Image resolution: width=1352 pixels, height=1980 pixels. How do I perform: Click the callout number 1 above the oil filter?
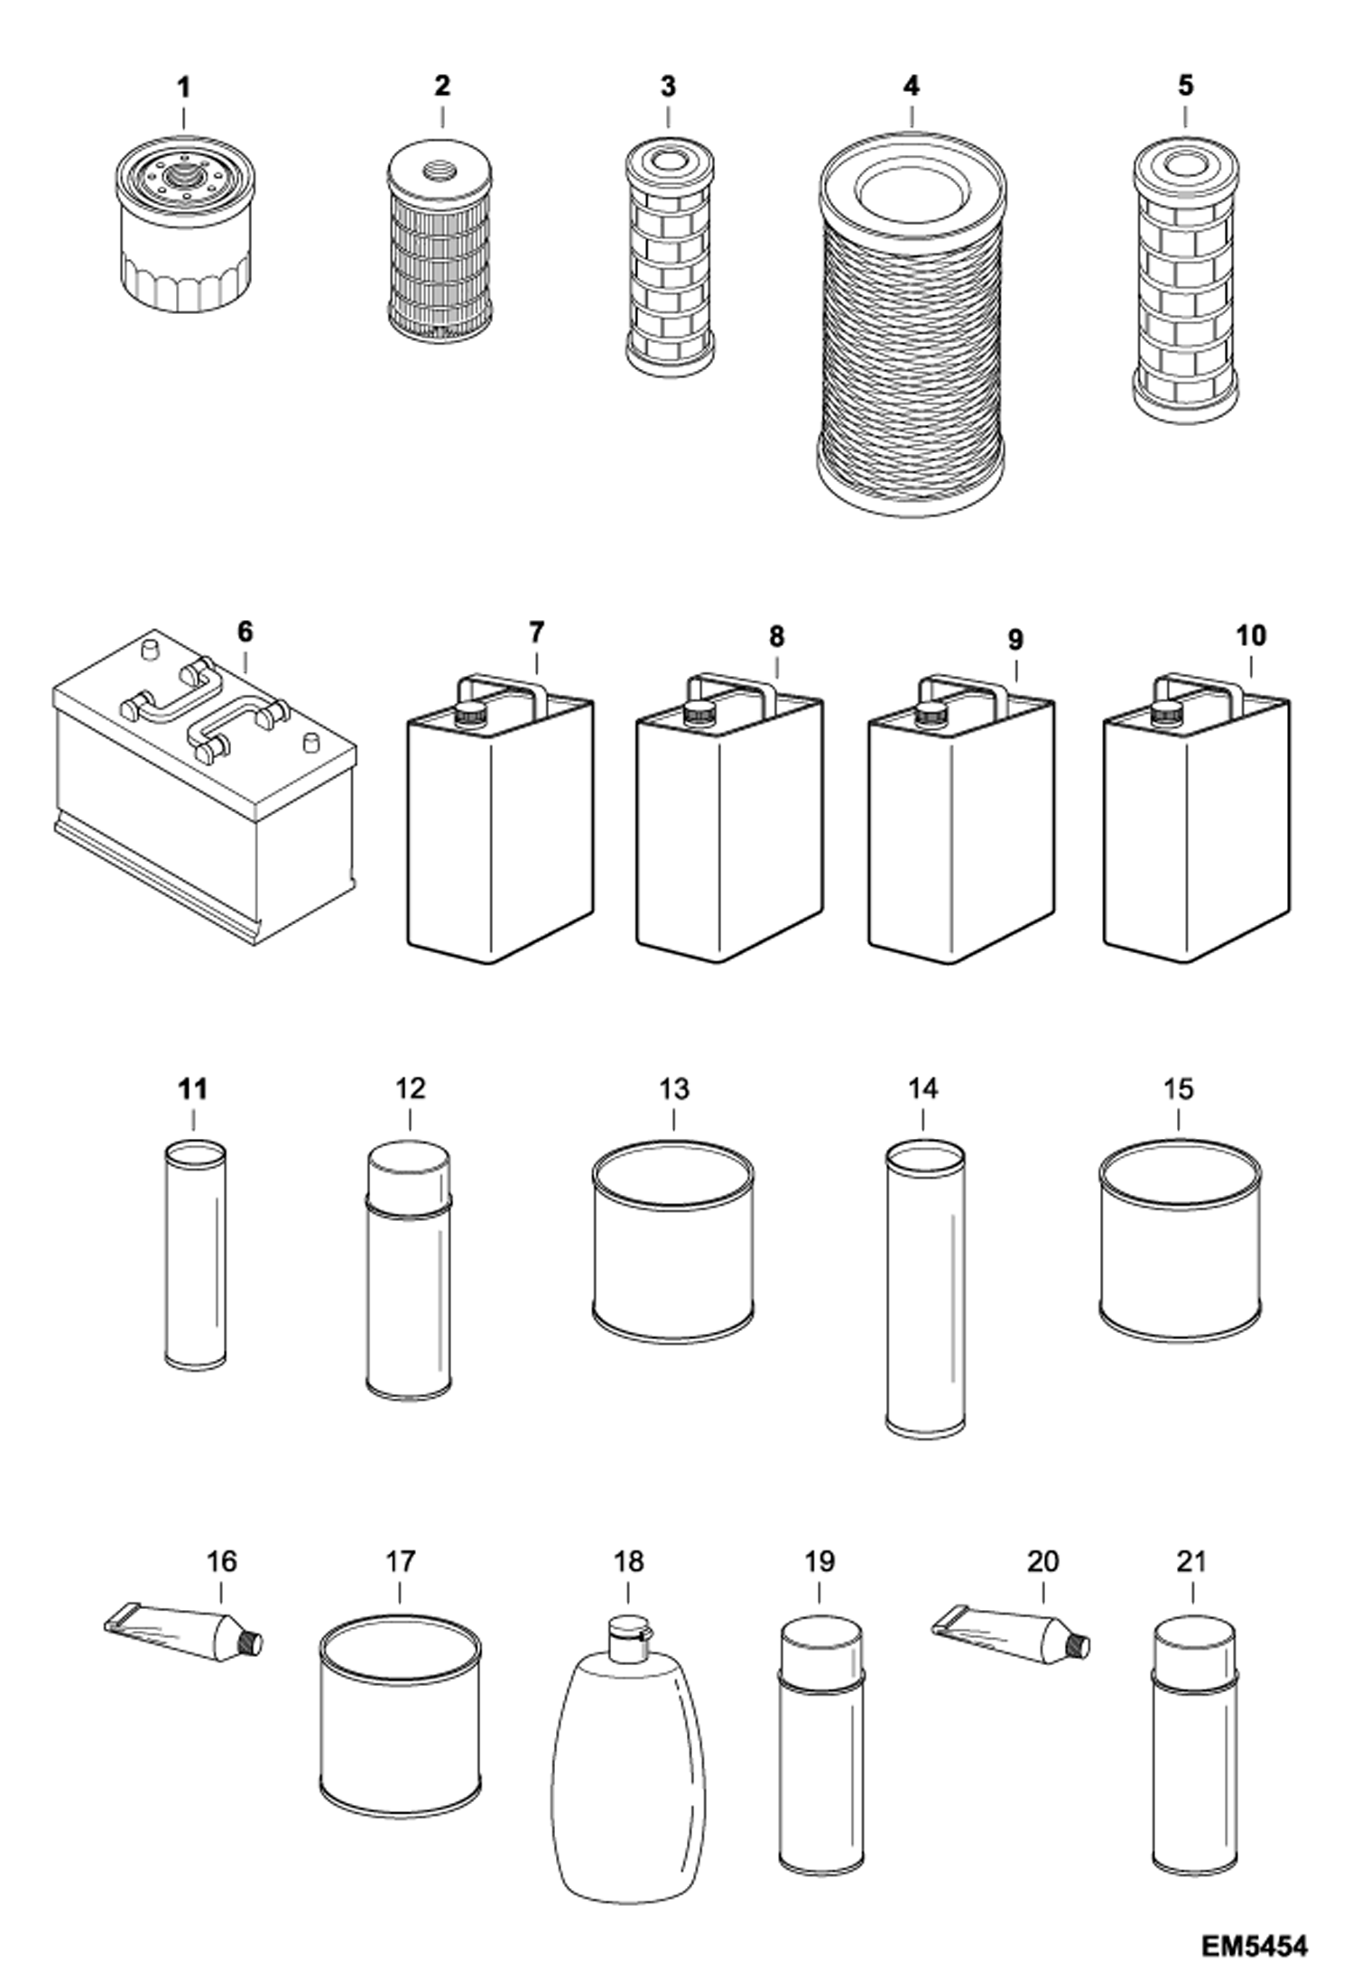click(184, 88)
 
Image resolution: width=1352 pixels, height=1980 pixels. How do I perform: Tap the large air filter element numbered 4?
click(912, 325)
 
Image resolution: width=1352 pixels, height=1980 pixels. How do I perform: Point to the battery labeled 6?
click(203, 785)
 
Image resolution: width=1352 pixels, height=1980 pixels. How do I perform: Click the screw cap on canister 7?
click(468, 713)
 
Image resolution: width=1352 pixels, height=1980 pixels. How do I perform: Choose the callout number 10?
click(1251, 636)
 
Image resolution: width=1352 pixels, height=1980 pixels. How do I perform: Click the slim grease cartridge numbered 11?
click(195, 1254)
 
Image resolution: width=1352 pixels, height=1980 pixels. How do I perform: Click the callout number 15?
click(1179, 1089)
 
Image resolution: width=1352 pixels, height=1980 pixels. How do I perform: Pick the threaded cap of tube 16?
click(251, 1643)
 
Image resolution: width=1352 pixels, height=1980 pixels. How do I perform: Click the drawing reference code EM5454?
click(1254, 1946)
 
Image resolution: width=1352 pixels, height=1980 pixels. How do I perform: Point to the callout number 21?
click(1191, 1561)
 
